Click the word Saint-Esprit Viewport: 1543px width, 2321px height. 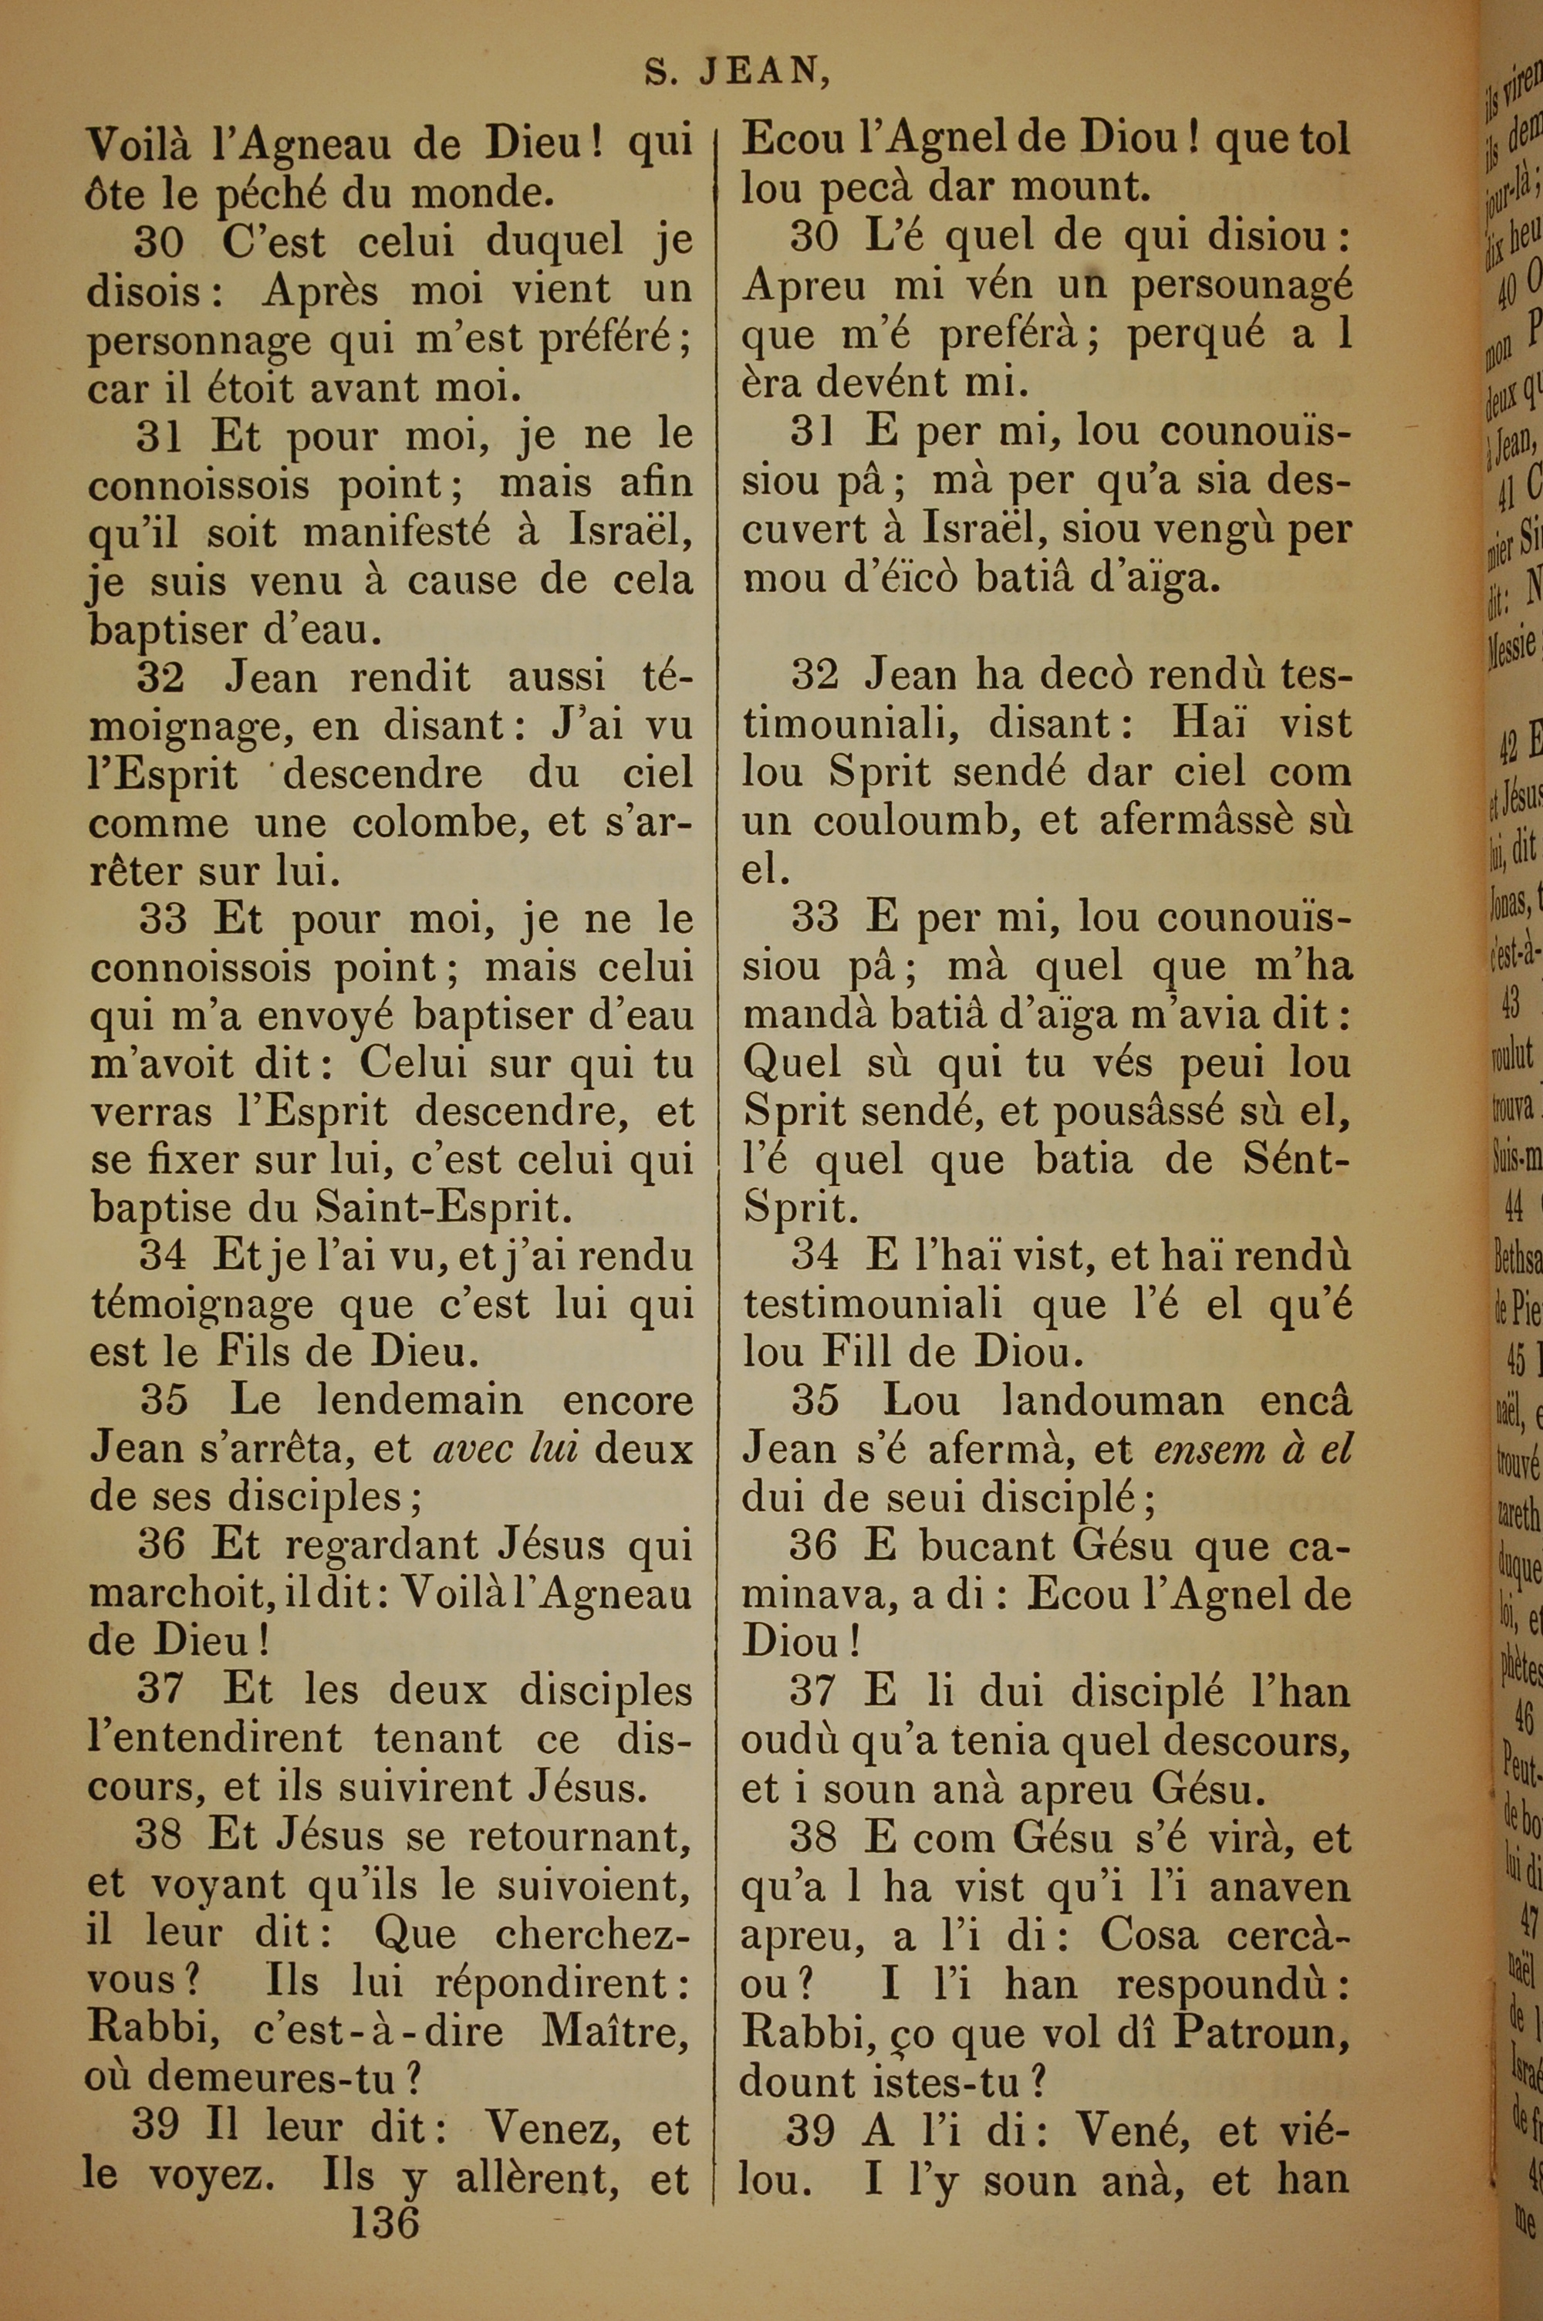pos(437,1208)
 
